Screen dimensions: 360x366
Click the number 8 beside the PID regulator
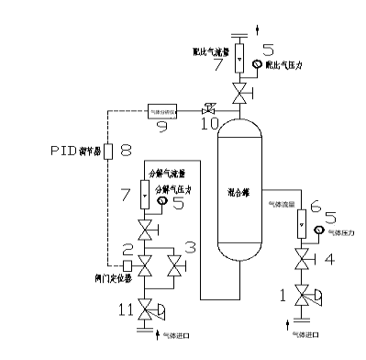[127, 150]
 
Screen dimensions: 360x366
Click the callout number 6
[317, 208]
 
